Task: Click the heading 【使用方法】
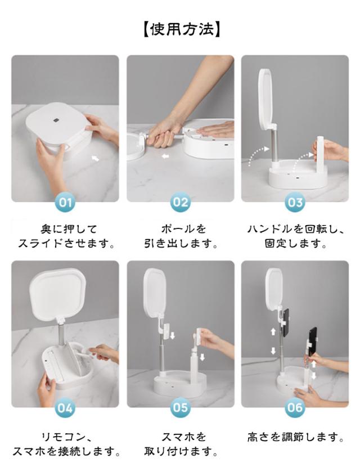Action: click(x=181, y=30)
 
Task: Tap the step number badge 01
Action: click(x=65, y=202)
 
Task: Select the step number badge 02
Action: click(x=181, y=202)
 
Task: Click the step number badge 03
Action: click(x=295, y=202)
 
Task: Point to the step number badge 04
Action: click(x=65, y=408)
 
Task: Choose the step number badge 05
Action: click(x=181, y=408)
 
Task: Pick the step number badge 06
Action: click(x=295, y=408)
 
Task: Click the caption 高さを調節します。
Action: click(x=296, y=437)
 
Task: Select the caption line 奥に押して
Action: click(x=69, y=228)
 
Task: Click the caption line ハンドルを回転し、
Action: click(x=296, y=228)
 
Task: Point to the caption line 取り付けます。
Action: click(x=181, y=452)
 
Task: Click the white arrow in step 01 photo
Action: click(x=95, y=158)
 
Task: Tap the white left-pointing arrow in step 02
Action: click(x=165, y=156)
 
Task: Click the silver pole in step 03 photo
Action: click(x=274, y=145)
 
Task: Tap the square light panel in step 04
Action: click(x=58, y=293)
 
